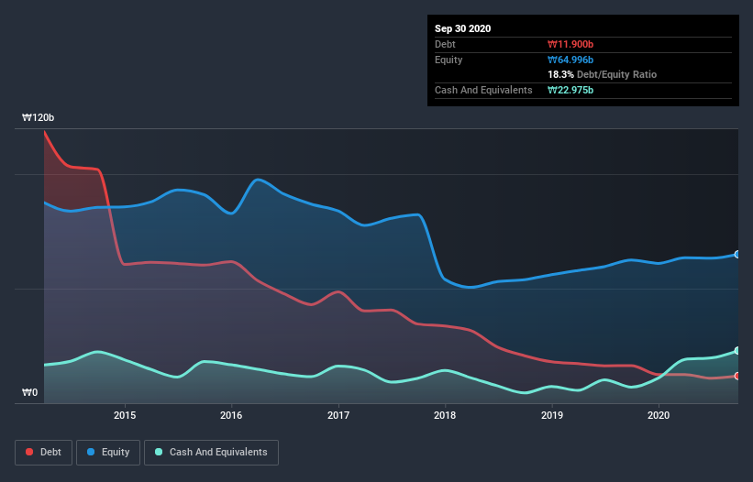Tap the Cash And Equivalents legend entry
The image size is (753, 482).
pyautogui.click(x=211, y=452)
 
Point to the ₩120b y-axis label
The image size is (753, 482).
pyautogui.click(x=39, y=118)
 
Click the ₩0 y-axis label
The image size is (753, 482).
pyautogui.click(x=30, y=393)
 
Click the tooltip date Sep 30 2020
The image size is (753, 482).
pyautogui.click(x=462, y=28)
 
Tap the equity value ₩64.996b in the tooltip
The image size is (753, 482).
pyautogui.click(x=572, y=60)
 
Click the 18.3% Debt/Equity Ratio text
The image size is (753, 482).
pyautogui.click(x=602, y=74)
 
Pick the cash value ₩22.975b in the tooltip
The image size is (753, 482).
pyautogui.click(x=572, y=90)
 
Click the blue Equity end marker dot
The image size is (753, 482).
pyautogui.click(x=737, y=254)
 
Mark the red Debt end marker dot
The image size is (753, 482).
pyautogui.click(x=737, y=376)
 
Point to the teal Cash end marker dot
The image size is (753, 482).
pyautogui.click(x=737, y=351)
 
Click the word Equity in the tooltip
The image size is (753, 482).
pyautogui.click(x=449, y=60)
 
